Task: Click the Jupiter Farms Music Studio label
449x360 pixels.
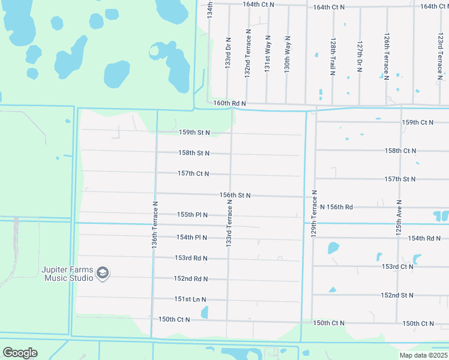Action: pos(67,274)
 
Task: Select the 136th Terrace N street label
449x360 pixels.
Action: pos(154,224)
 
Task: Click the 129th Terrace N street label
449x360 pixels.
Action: pos(313,215)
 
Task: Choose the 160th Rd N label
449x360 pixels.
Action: pos(230,104)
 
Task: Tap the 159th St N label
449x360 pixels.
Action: pos(194,133)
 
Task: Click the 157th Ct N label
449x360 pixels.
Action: pos(193,174)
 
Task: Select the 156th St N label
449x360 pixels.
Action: pos(235,196)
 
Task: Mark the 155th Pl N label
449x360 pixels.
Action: pos(192,215)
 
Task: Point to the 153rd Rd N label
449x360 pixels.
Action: pos(191,259)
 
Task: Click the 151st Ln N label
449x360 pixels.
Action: pos(190,299)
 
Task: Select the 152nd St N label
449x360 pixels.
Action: pos(397,295)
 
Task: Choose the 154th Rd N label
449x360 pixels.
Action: pos(425,238)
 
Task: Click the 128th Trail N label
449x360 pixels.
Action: pos(332,58)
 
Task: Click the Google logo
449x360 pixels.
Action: pos(20,353)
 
